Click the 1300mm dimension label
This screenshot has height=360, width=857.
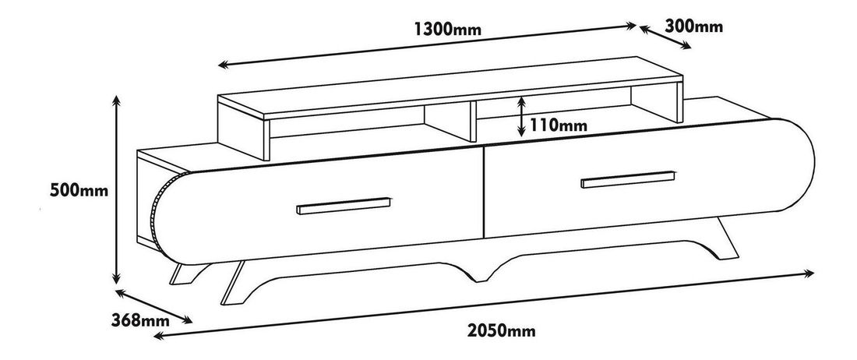pos(447,30)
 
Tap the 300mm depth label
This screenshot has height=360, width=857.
pos(694,26)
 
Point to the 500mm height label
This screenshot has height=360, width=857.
pos(76,189)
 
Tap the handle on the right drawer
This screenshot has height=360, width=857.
pos(627,180)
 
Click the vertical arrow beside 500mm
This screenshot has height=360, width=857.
pos(116,189)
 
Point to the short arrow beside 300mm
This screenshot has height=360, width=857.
pos(665,37)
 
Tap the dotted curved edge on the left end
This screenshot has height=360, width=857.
pos(156,215)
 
